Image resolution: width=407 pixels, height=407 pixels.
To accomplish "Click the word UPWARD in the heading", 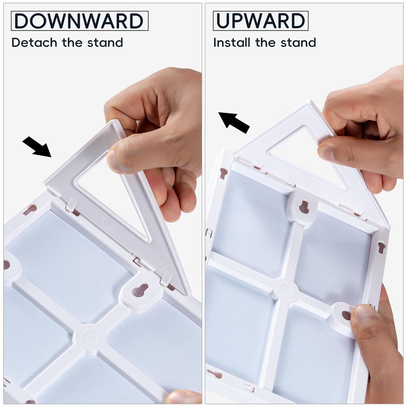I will [x=260, y=21].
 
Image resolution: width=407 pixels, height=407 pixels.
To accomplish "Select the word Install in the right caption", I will [x=232, y=42].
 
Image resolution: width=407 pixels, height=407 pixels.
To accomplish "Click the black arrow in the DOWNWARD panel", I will [x=37, y=147].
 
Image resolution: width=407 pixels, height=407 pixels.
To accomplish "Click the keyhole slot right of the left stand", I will [x=139, y=290].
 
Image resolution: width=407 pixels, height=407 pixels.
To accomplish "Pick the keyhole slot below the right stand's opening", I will [x=304, y=207].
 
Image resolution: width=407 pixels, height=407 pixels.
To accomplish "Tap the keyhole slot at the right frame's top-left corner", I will [x=223, y=173].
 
